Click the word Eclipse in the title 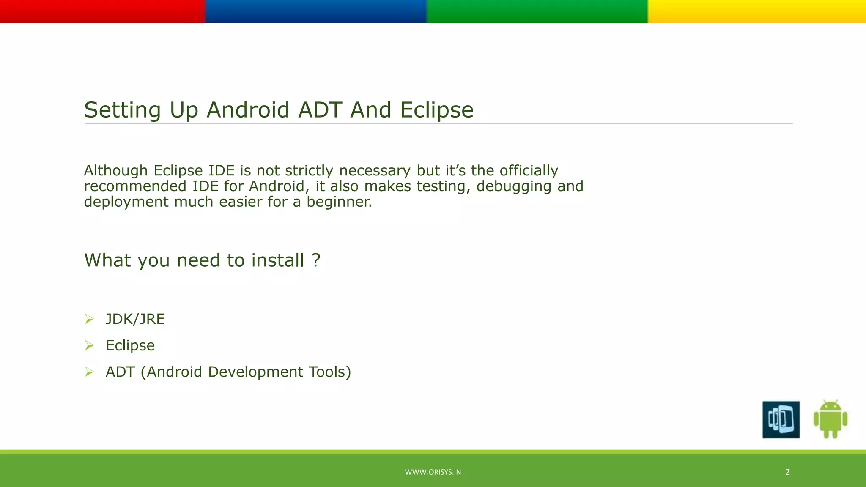(x=436, y=110)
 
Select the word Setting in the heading (x=123, y=110)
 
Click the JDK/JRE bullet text (x=135, y=319)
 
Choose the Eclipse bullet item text (x=130, y=346)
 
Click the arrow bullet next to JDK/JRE (x=89, y=319)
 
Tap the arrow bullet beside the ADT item (x=89, y=372)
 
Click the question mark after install (x=316, y=260)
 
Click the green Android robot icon (x=830, y=419)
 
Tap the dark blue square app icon (x=781, y=419)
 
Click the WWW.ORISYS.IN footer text (x=433, y=472)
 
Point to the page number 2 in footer (x=787, y=472)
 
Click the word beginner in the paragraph (x=339, y=202)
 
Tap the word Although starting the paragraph (x=115, y=171)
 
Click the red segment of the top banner (x=102, y=11)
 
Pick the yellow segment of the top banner (x=756, y=11)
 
